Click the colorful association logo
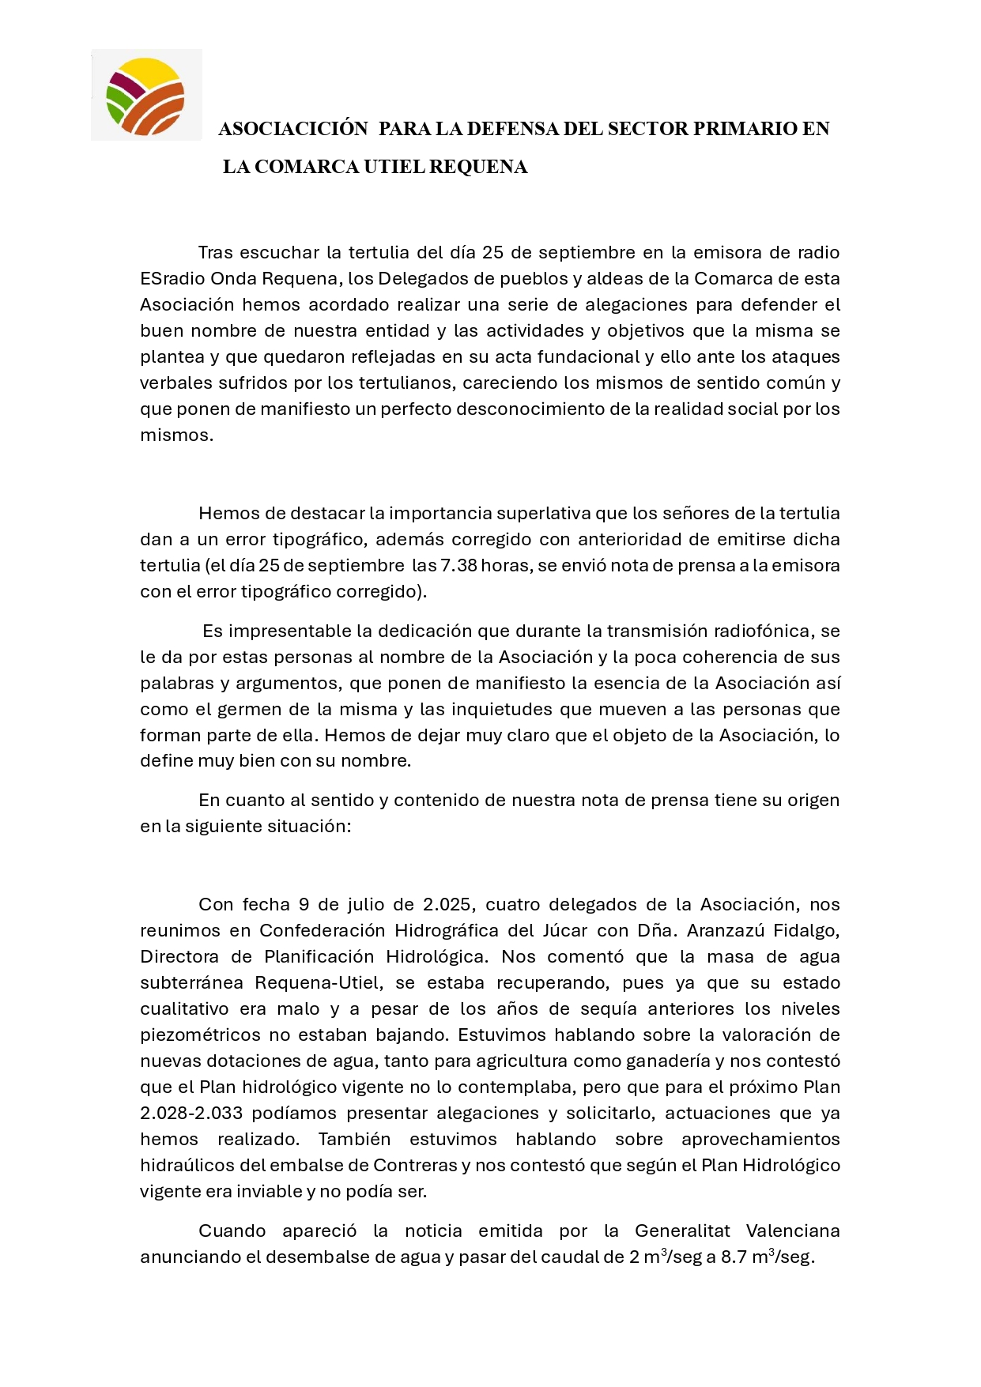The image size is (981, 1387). pyautogui.click(x=146, y=96)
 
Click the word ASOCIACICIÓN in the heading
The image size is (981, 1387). pyautogui.click(x=293, y=129)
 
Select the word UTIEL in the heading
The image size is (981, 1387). pyautogui.click(x=394, y=167)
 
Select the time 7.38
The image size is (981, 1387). pyautogui.click(x=458, y=566)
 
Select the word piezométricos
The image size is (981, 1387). pyautogui.click(x=200, y=1035)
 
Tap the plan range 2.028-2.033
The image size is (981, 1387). pyautogui.click(x=191, y=1114)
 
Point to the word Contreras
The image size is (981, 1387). pyautogui.click(x=415, y=1166)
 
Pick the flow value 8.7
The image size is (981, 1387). pyautogui.click(x=734, y=1257)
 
